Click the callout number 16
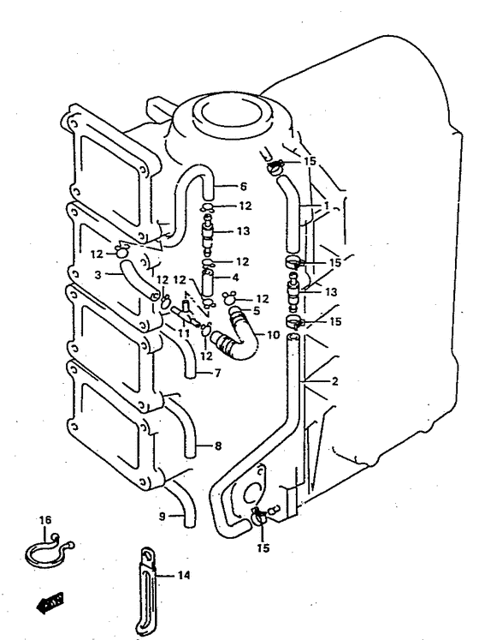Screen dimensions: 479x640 [x=45, y=520]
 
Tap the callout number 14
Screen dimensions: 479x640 [x=184, y=575]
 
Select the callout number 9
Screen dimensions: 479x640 [x=163, y=517]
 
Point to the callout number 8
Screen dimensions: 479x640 [x=218, y=446]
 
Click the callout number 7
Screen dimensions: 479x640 [x=217, y=373]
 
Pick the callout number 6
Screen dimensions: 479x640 [x=244, y=187]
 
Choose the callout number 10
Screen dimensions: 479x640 [x=274, y=335]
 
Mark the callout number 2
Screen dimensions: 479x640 [x=334, y=381]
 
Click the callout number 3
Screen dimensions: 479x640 [x=98, y=275]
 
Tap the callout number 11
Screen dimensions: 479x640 [x=184, y=333]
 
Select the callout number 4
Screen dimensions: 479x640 [x=235, y=278]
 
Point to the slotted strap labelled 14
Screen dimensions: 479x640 [x=146, y=592]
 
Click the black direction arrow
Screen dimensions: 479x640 [x=50, y=602]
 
